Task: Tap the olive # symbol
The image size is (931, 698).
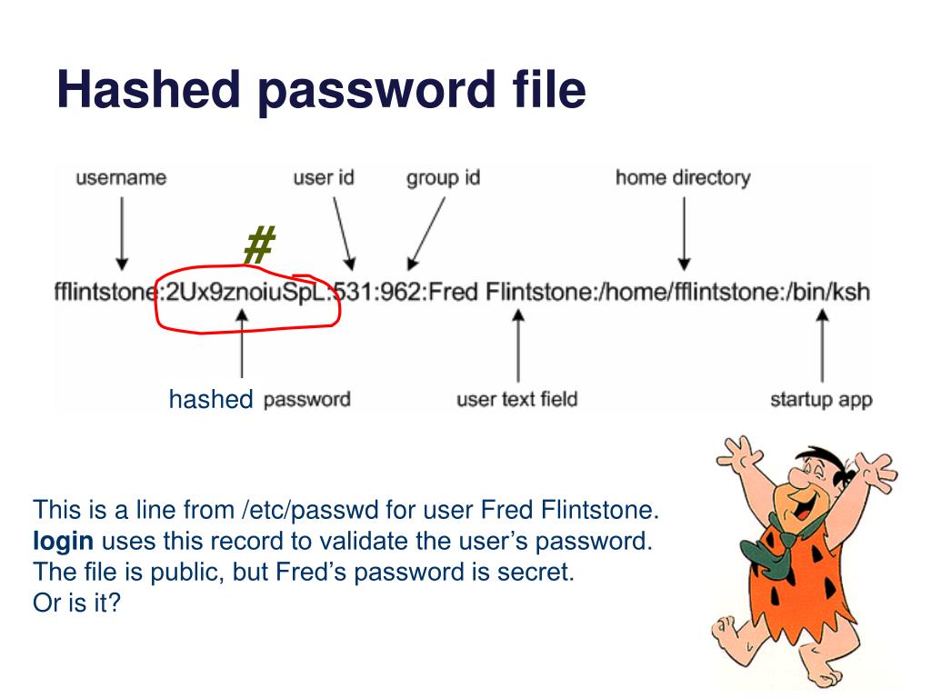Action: (259, 245)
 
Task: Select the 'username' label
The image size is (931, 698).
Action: (121, 178)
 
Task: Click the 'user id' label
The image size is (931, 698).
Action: (323, 177)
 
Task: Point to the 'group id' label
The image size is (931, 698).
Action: (443, 178)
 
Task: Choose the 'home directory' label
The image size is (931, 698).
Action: (683, 177)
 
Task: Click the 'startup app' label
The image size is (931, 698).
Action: (821, 399)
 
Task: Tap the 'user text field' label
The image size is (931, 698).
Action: (517, 399)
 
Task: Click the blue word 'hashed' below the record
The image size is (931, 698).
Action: (211, 399)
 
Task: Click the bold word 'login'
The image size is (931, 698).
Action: (63, 542)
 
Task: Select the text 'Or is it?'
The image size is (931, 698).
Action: (77, 603)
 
